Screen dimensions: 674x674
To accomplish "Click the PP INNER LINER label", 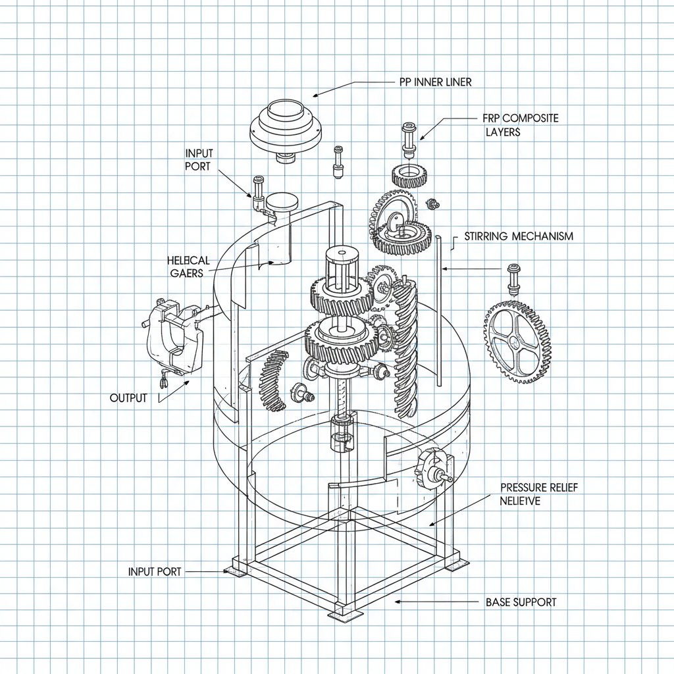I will pyautogui.click(x=435, y=82).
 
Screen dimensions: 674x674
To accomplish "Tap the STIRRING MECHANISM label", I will pyautogui.click(x=519, y=236).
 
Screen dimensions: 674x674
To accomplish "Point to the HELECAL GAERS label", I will pyautogui.click(x=188, y=267).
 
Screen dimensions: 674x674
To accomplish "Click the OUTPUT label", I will pyautogui.click(x=128, y=398).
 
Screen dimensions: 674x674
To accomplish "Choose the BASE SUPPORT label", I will pyautogui.click(x=521, y=602).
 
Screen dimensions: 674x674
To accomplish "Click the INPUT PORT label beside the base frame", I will pyautogui.click(x=155, y=572).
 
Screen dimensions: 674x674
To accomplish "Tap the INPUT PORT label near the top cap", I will pyautogui.click(x=198, y=159).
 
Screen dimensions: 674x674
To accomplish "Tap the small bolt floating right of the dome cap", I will pyautogui.click(x=338, y=161).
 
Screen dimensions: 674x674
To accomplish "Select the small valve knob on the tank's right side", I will pyautogui.click(x=432, y=469).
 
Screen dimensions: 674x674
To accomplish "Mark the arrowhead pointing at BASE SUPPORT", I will pyautogui.click(x=397, y=602).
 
